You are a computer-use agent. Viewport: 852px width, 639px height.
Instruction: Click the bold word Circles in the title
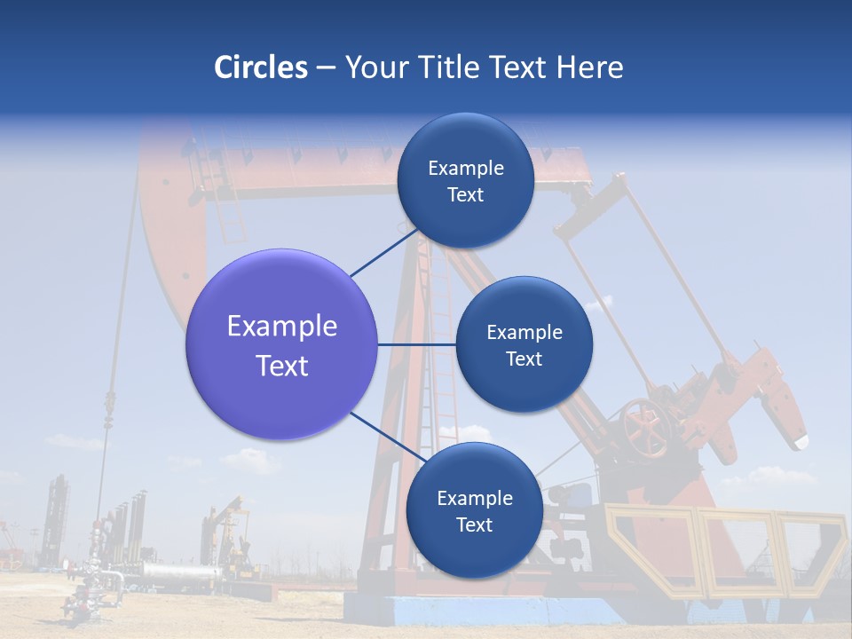tap(261, 67)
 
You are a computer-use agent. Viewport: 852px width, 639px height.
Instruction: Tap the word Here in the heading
tap(589, 67)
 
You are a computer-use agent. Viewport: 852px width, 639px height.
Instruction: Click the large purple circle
tap(281, 344)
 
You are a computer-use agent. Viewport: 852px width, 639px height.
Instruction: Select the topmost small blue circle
tap(465, 180)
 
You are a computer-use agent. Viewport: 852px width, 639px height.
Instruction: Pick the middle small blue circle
tap(524, 344)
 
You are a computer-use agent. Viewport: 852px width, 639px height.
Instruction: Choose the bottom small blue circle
tap(474, 510)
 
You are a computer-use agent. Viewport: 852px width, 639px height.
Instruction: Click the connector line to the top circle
tap(383, 253)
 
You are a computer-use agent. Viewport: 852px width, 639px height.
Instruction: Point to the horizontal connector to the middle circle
tap(416, 344)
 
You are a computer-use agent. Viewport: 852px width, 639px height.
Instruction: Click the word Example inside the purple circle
tap(281, 326)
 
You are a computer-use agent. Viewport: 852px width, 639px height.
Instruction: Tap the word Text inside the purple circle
tap(281, 366)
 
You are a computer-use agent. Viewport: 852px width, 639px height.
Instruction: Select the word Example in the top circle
tap(465, 168)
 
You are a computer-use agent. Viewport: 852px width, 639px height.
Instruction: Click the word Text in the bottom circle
tap(474, 525)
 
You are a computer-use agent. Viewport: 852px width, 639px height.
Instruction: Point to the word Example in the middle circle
tap(524, 332)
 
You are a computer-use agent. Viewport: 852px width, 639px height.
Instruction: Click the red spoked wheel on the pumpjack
tap(645, 426)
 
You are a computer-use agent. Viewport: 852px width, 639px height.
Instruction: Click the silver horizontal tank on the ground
tap(177, 575)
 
